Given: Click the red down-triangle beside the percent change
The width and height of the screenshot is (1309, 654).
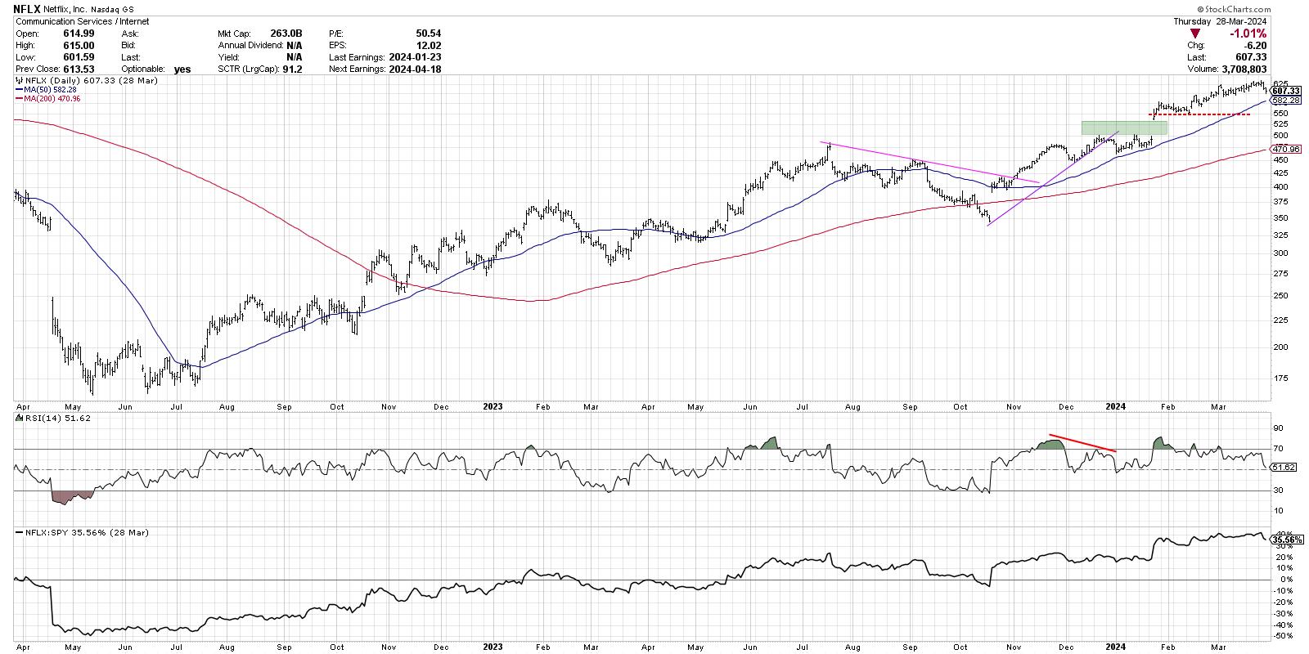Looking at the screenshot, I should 1196,34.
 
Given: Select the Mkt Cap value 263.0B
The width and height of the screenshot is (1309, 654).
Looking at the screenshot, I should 286,34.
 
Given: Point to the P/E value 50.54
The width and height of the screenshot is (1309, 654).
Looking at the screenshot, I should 429,34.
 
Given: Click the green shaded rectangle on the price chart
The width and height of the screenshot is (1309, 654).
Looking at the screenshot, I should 1124,128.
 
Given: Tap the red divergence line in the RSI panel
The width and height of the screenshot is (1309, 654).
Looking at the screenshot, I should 1082,442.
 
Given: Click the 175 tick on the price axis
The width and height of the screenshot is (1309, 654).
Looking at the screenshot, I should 1282,378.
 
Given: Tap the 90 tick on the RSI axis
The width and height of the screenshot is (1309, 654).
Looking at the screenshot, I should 1278,428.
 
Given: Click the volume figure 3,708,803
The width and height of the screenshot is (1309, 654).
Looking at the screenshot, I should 1237,69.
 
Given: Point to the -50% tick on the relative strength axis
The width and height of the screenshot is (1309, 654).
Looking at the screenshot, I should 1282,635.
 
